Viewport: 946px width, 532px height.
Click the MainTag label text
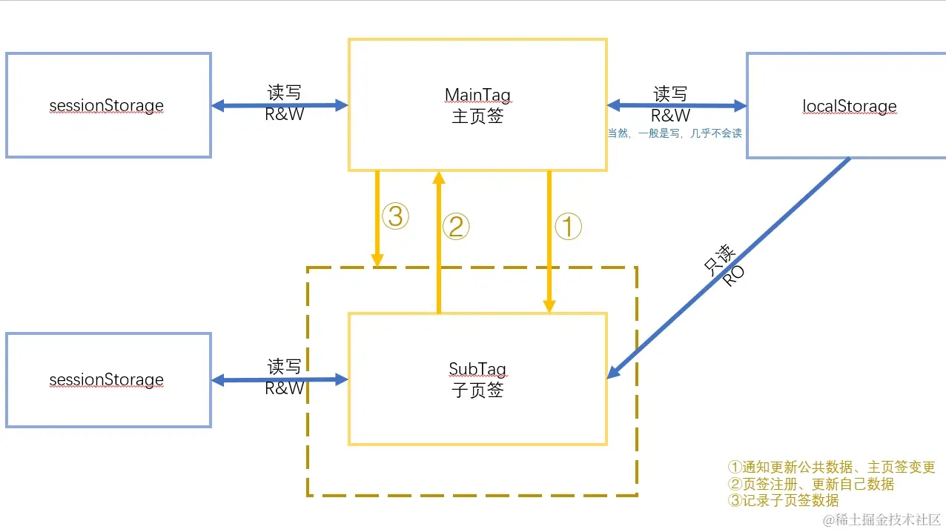tap(477, 95)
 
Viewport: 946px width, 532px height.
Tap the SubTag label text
tap(477, 369)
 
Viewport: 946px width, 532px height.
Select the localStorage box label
tap(849, 106)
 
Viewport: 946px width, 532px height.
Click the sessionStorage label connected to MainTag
tap(107, 105)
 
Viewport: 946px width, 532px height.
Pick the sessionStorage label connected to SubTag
tap(107, 380)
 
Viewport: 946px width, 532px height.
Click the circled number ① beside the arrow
tap(569, 227)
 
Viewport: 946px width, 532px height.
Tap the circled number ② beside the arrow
tap(456, 227)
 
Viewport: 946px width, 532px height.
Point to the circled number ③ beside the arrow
tap(395, 217)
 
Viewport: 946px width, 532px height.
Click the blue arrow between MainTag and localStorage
tap(676, 106)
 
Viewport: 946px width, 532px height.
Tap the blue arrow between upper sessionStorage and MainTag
tap(279, 106)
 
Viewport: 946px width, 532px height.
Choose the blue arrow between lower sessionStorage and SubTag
tap(279, 380)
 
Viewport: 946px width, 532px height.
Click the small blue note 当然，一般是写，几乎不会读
tap(675, 133)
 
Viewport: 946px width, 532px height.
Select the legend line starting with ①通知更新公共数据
tap(831, 468)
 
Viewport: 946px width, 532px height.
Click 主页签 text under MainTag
tap(477, 116)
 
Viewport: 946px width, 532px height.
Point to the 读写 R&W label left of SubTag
tap(285, 377)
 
